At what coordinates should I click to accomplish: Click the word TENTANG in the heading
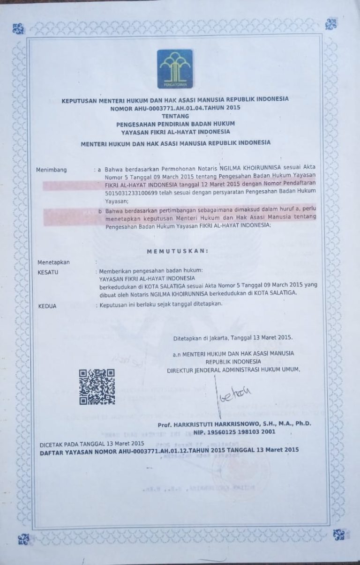[176, 114]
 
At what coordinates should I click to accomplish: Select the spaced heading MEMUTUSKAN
[177, 251]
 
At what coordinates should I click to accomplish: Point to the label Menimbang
[52, 169]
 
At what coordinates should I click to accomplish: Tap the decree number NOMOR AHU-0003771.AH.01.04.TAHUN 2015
[176, 107]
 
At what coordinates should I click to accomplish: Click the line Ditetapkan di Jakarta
[233, 337]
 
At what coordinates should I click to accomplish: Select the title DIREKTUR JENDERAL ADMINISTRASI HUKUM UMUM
[233, 370]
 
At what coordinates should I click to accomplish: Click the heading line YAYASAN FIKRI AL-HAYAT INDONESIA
[176, 131]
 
